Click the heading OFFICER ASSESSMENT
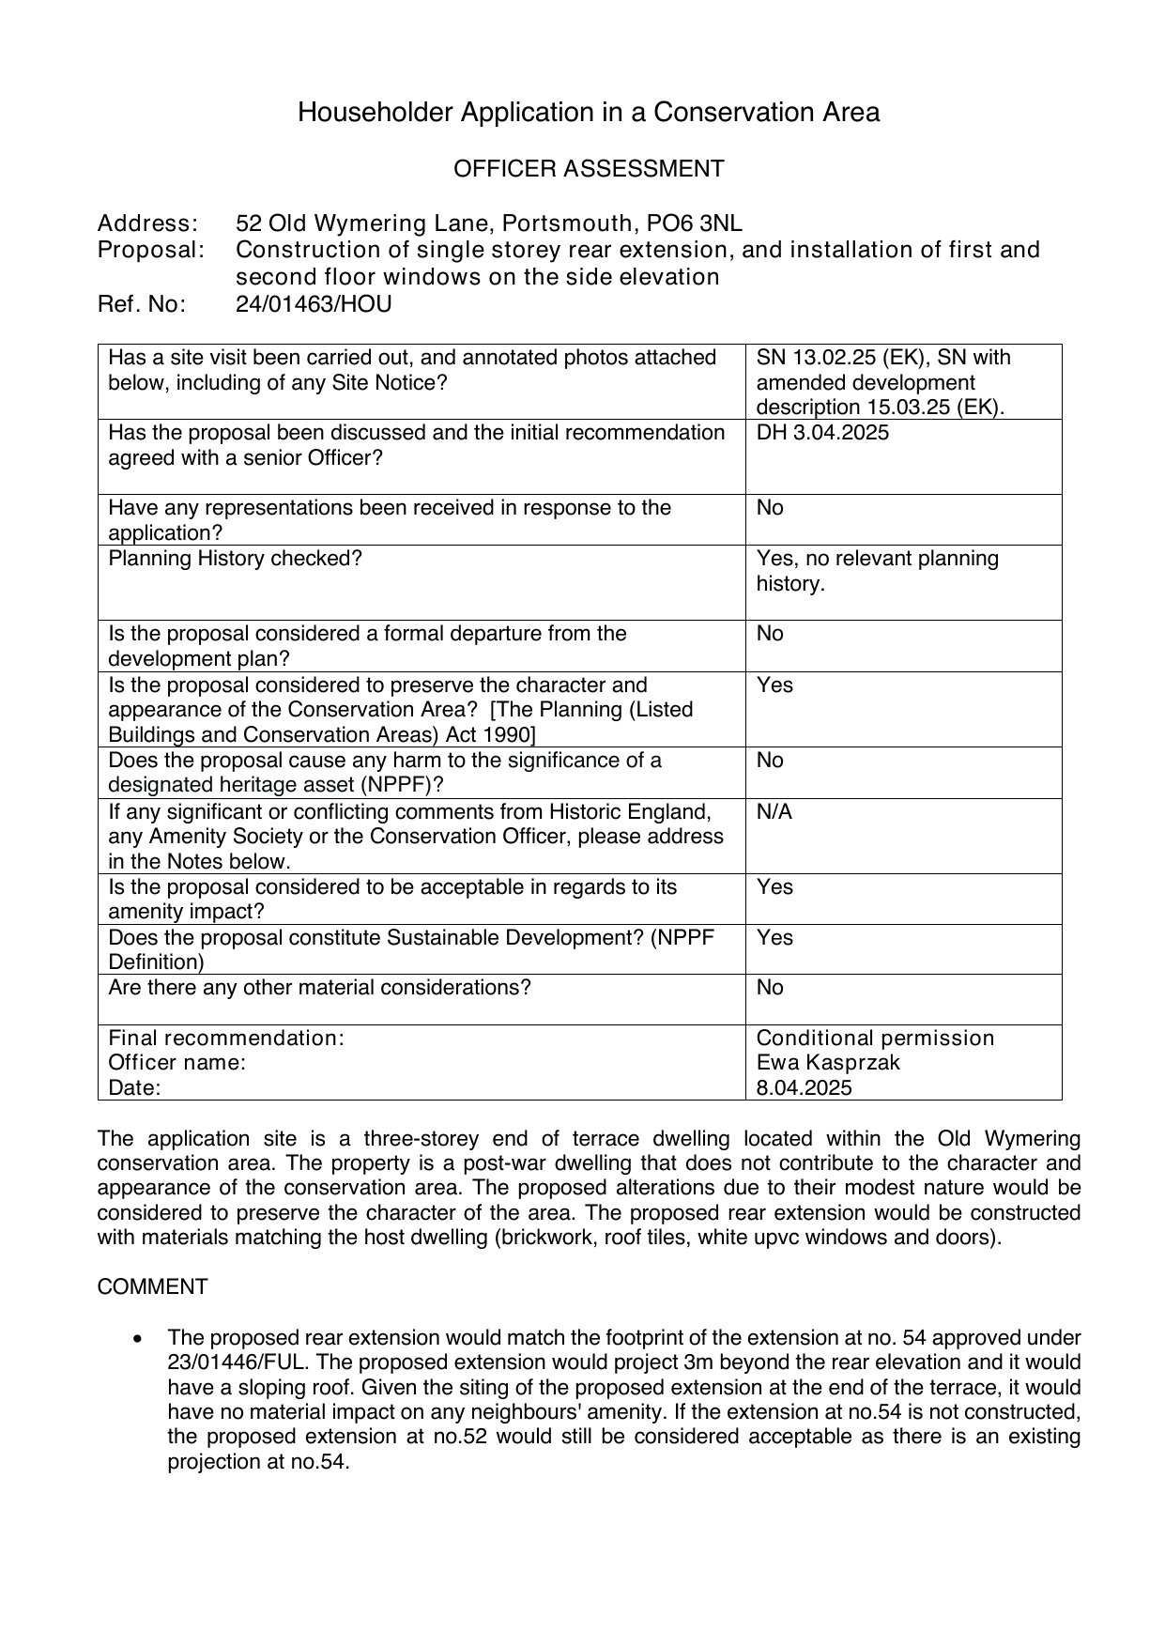589,169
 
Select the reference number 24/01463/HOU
314,304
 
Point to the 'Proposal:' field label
151,250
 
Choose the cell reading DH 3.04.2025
822,433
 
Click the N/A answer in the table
774,811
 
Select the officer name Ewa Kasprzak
828,1062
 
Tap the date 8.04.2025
804,1087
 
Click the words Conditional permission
875,1038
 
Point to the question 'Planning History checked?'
235,559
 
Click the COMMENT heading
152,1286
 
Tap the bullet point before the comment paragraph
139,1338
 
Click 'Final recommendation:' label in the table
226,1038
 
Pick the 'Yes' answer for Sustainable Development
774,937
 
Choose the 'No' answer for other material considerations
770,987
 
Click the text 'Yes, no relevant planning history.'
877,571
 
